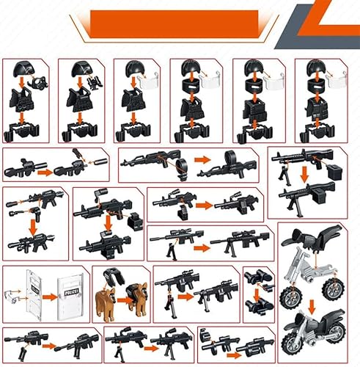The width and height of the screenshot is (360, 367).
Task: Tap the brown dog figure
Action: click(106, 299)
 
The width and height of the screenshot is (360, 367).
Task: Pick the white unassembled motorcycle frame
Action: click(308, 264)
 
